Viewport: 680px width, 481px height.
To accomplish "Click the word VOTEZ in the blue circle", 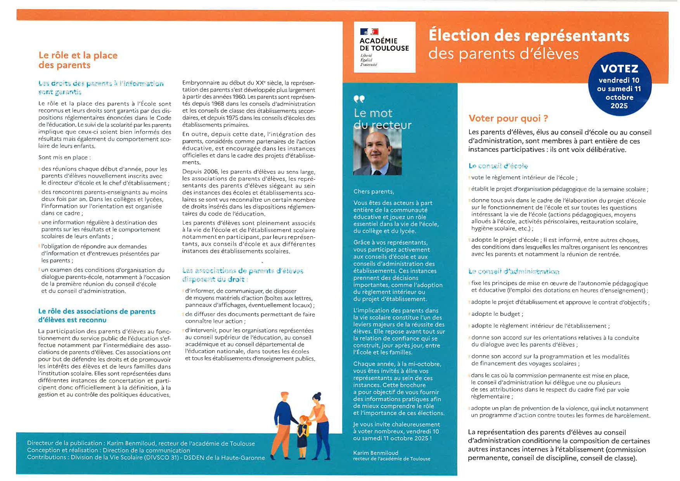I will coord(619,69).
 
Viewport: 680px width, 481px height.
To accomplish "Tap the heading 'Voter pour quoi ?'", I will coord(508,118).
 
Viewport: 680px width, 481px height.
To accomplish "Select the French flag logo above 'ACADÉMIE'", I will coord(369,32).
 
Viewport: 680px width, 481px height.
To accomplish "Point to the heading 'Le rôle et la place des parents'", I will coord(78,60).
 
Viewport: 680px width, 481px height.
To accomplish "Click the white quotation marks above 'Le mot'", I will coord(359,99).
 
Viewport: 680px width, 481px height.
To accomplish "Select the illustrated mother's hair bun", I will coord(318,395).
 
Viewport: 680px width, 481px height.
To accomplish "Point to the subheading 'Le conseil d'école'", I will coord(498,166).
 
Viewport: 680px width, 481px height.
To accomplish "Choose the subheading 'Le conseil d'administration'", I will coord(514,272).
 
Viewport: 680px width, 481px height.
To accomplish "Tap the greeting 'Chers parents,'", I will coord(374,192).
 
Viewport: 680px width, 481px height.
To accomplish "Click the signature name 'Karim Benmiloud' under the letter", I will coord(375,453).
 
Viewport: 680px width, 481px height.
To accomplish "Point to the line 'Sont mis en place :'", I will coord(64,157).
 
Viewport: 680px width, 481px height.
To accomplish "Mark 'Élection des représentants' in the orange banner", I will coord(528,36).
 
